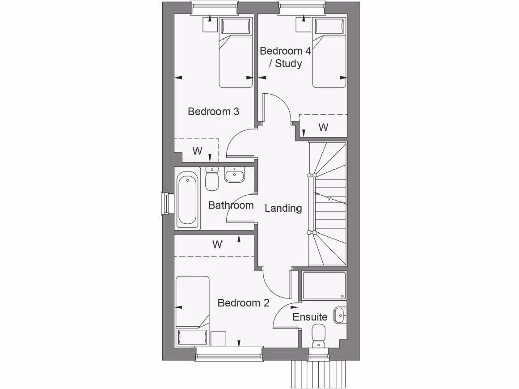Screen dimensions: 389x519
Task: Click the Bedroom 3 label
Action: (x=213, y=112)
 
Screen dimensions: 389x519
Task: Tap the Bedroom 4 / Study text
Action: (x=285, y=57)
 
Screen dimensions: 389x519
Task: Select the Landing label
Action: (x=283, y=208)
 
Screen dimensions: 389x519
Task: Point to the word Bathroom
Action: (x=231, y=205)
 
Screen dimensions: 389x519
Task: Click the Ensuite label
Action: (x=310, y=317)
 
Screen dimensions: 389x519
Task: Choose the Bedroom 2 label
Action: (x=243, y=303)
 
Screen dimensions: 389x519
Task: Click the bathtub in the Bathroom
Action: (x=187, y=200)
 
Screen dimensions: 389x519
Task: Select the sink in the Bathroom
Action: (x=234, y=176)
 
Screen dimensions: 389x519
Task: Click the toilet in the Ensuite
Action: (x=319, y=336)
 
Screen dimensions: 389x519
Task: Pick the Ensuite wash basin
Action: (x=339, y=314)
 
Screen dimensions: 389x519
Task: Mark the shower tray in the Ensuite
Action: (x=324, y=286)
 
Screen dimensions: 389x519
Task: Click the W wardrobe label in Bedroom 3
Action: (x=197, y=150)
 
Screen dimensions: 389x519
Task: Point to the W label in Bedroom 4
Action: (x=323, y=127)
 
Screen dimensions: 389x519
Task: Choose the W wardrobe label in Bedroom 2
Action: (x=217, y=245)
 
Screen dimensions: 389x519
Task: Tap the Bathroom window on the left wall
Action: (x=164, y=204)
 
